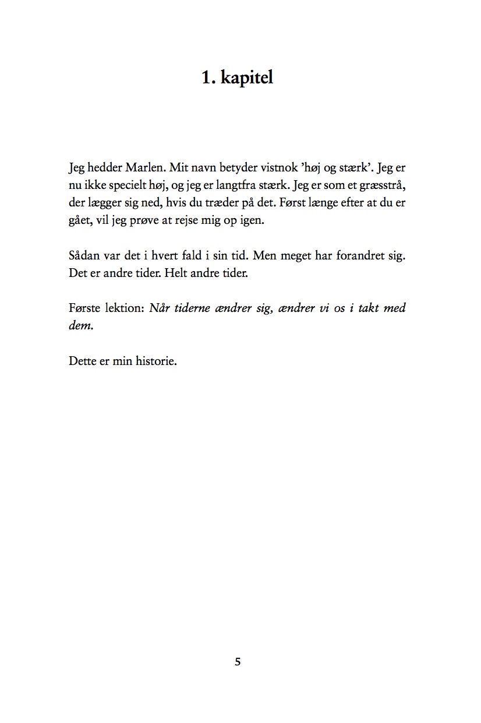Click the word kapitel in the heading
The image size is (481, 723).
pyautogui.click(x=247, y=78)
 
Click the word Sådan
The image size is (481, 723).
pyautogui.click(x=84, y=257)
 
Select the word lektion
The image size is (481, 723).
pyautogui.click(x=123, y=308)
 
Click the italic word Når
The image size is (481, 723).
pyautogui.click(x=160, y=308)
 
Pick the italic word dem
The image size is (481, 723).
pyautogui.click(x=80, y=326)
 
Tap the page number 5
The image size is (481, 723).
pyautogui.click(x=238, y=662)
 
